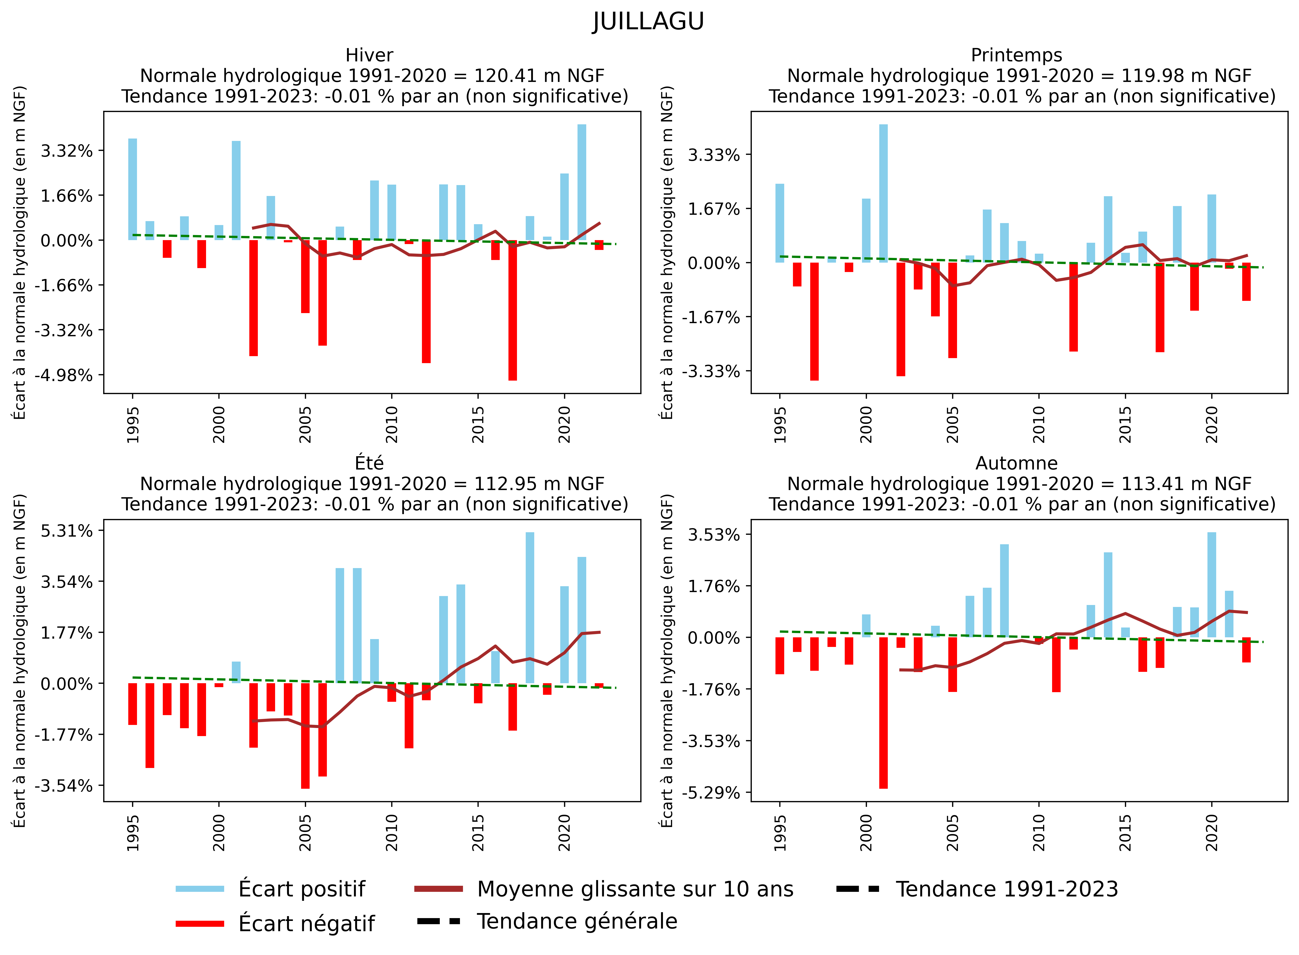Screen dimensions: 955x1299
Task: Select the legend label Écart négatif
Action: pyautogui.click(x=306, y=923)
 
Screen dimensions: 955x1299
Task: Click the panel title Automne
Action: pyautogui.click(x=1016, y=463)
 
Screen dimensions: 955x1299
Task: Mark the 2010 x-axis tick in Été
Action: pyautogui.click(x=392, y=832)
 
